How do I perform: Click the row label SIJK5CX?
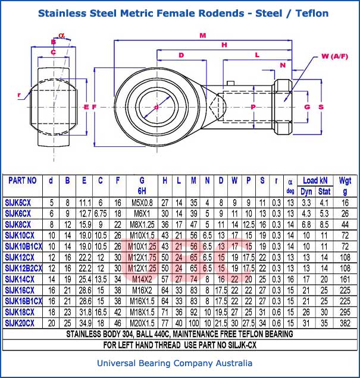18,202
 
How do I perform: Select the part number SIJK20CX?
20,323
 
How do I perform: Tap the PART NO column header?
23,181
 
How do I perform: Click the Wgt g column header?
345,185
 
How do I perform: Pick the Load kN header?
315,180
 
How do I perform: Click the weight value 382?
345,323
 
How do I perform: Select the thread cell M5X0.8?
142,202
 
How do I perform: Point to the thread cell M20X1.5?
142,323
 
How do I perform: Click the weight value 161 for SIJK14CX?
345,279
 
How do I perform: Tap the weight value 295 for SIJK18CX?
345,312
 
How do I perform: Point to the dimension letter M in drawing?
203,36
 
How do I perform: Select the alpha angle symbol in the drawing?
62,34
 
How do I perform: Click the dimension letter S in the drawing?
321,107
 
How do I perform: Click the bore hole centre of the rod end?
156,107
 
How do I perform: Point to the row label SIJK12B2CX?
23,268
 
